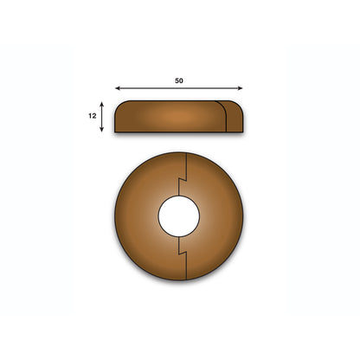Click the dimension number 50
179,80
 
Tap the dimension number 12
91,115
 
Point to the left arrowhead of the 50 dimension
117,88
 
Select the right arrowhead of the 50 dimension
241,88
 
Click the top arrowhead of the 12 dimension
103,103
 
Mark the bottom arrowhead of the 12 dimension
103,130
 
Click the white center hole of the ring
179,216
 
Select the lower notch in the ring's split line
183,250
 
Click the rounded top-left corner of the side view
119,105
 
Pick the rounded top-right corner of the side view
239,106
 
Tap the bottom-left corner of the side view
116,132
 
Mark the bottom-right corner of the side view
242,132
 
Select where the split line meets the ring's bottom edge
187,280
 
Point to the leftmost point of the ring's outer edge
114,216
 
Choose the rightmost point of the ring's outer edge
244,216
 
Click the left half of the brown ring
136,216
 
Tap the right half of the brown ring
222,216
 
